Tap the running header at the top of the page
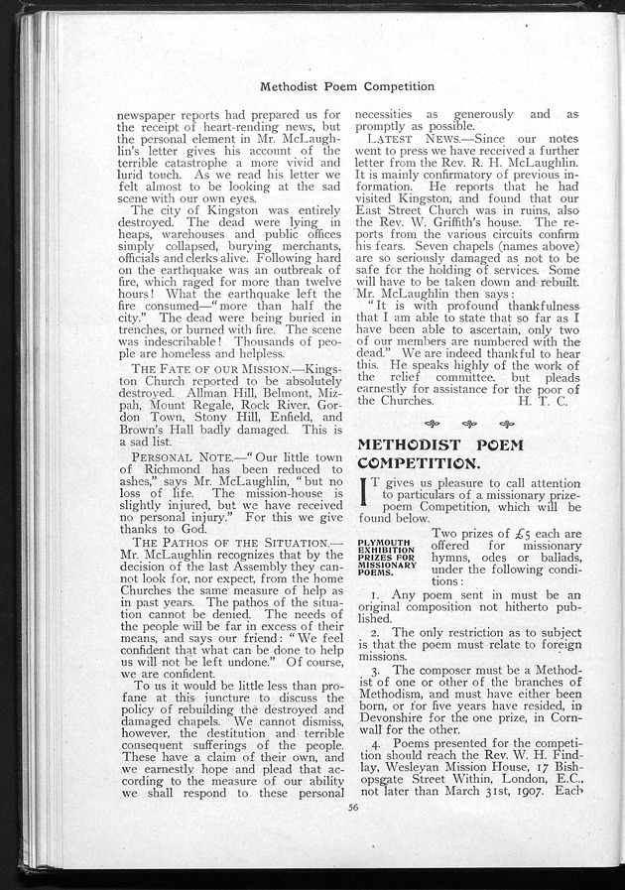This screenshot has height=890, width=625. coord(346,86)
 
